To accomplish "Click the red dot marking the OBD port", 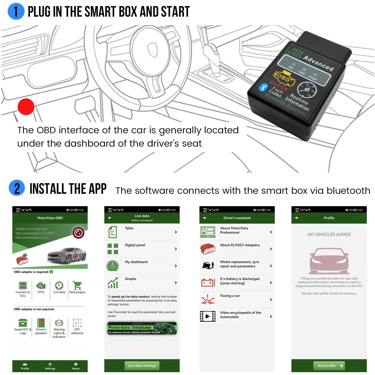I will (26, 107).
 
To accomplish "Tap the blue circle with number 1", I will (16, 12).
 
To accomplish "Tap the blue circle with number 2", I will (17, 188).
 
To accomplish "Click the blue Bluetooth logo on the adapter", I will (263, 87).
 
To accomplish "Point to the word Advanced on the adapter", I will (318, 63).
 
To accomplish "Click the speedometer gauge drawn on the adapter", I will (307, 90).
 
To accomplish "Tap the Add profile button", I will (329, 366).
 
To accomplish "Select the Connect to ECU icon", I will (23, 286).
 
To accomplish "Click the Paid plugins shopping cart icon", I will (77, 286).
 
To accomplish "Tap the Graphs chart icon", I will (113, 283).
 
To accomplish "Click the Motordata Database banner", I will (142, 328).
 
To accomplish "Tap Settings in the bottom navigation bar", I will (50, 366).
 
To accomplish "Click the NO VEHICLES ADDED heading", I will (329, 234).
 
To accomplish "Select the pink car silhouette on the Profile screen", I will (329, 261).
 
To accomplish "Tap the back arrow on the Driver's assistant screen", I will (205, 218).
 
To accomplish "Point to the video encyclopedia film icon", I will (207, 316).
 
